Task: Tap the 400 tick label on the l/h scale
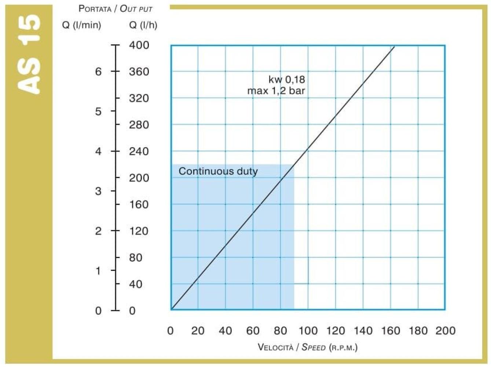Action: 139,45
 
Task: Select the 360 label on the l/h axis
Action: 139,72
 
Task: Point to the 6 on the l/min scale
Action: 98,72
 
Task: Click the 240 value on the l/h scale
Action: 139,152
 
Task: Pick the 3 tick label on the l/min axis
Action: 98,191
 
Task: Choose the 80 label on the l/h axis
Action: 136,258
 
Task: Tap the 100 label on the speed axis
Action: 308,331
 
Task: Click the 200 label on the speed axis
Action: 446,331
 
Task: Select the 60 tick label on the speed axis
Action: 253,331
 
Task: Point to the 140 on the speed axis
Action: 363,331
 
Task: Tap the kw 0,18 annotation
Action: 287,80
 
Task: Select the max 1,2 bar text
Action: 276,91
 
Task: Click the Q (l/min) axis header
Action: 82,25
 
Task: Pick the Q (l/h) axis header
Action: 143,25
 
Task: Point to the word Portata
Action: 95,9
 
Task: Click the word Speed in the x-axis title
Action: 314,347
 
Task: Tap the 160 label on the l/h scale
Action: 139,205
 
